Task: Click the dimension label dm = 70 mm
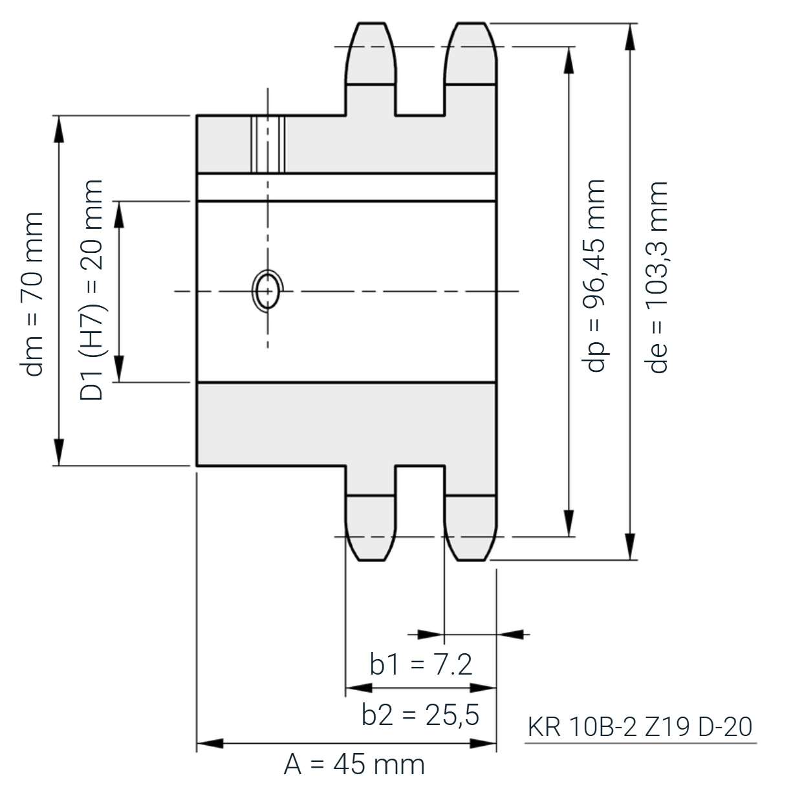click(x=32, y=294)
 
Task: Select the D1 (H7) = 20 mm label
click(x=91, y=290)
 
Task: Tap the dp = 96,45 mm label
click(x=594, y=276)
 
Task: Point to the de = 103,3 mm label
click(x=656, y=277)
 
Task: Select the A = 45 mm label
click(x=354, y=765)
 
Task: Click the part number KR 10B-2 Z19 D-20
click(x=640, y=727)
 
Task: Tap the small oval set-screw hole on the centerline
click(x=268, y=291)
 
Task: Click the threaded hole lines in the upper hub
click(x=268, y=144)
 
